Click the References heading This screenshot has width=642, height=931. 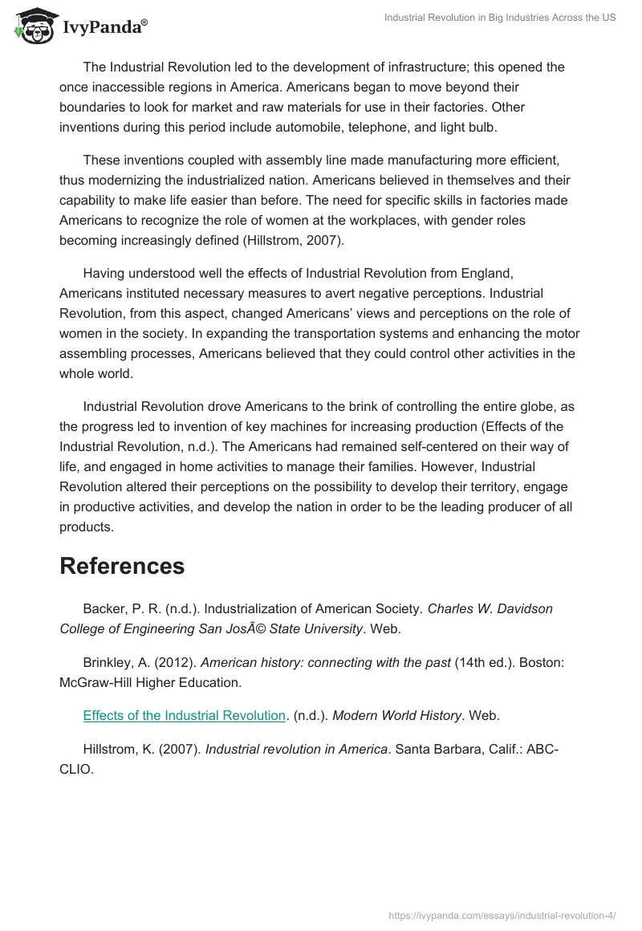(122, 566)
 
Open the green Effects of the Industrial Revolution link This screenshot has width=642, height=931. (185, 715)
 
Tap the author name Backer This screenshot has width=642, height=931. (104, 608)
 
